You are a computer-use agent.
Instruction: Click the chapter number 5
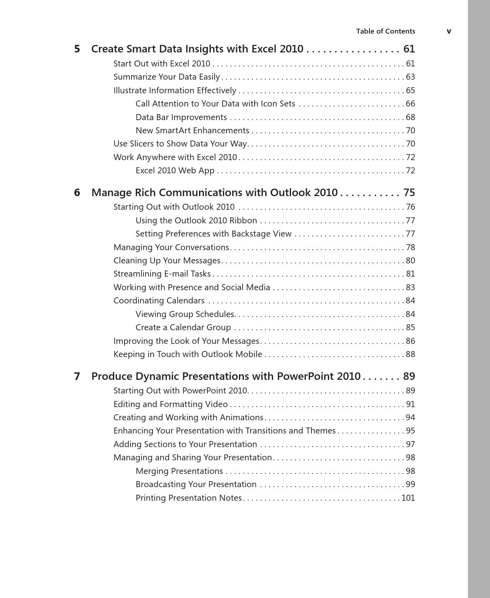[x=77, y=49]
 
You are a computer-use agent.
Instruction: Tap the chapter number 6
[x=77, y=193]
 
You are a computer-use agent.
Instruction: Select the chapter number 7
[x=77, y=377]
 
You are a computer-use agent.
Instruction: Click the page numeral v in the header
[x=449, y=31]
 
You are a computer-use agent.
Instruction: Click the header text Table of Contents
[x=386, y=31]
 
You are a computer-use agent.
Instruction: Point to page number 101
[x=408, y=498]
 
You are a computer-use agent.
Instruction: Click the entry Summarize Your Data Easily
[x=167, y=77]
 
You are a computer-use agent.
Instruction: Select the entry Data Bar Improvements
[x=181, y=117]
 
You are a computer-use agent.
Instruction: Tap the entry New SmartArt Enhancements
[x=192, y=130]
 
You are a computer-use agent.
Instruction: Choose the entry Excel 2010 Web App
[x=175, y=171]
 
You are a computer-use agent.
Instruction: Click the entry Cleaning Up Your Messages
[x=167, y=261]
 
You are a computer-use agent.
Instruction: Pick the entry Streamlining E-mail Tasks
[x=162, y=274]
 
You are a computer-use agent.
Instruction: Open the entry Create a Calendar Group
[x=183, y=327]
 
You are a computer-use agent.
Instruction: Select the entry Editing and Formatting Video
[x=170, y=404]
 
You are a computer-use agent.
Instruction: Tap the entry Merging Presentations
[x=179, y=471]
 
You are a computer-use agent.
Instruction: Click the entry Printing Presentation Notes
[x=189, y=498]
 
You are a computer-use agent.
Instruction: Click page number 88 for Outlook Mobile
[x=410, y=354]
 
